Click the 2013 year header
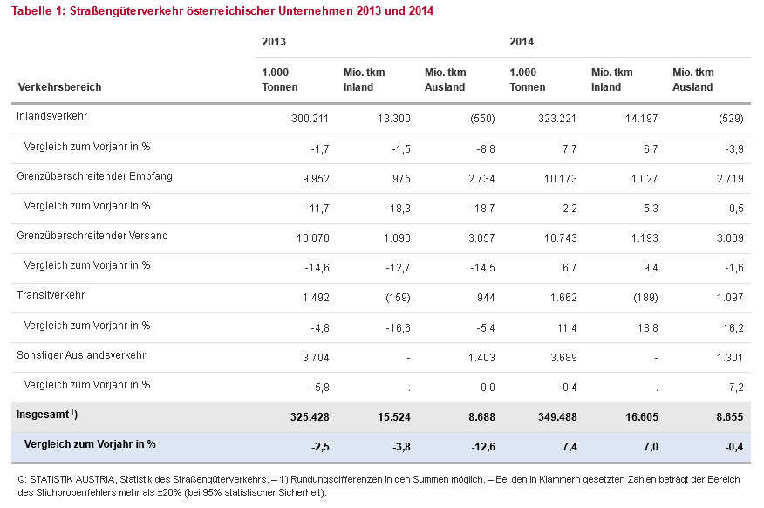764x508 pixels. click(274, 42)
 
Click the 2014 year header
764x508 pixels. click(522, 42)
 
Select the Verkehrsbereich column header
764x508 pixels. click(59, 87)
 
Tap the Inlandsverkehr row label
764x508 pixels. click(51, 116)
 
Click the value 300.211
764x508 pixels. click(310, 119)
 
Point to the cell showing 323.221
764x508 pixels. click(557, 119)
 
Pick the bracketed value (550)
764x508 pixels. click(482, 119)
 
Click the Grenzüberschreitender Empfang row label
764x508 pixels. click(94, 176)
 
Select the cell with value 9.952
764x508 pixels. click(316, 179)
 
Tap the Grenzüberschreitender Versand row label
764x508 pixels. click(92, 236)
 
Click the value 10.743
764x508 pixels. click(560, 238)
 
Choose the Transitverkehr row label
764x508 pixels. click(51, 295)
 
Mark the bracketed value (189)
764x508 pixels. click(645, 298)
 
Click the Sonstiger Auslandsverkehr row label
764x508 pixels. click(81, 355)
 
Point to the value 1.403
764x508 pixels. click(481, 358)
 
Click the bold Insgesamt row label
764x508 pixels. click(47, 415)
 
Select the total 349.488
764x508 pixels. click(557, 417)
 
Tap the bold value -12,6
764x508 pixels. click(483, 447)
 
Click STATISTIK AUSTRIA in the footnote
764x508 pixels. click(73, 480)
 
